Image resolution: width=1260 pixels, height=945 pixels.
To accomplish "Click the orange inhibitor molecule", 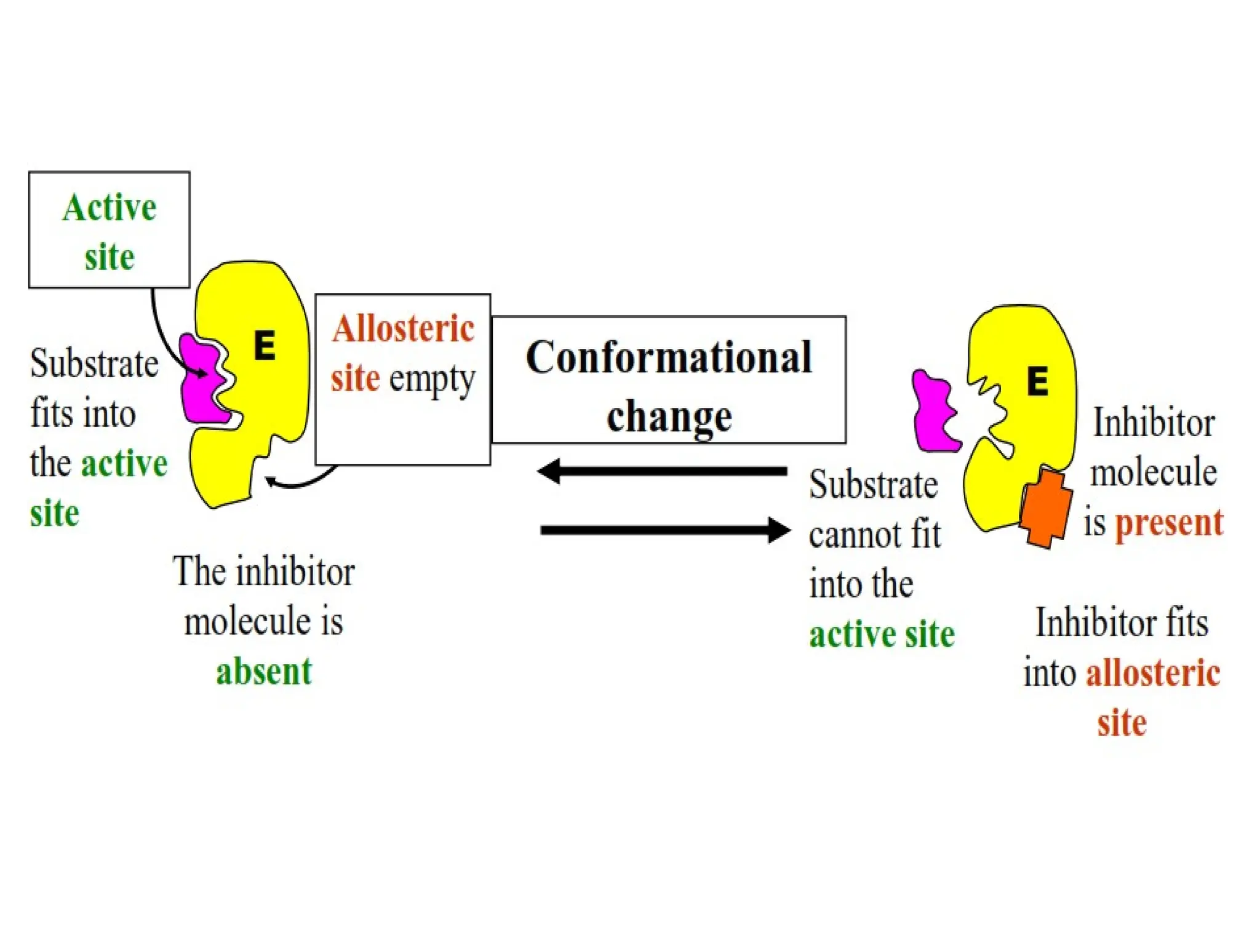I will (1046, 507).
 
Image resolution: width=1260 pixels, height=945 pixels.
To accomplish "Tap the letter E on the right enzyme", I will (1037, 381).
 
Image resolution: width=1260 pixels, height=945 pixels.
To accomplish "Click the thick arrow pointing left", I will (661, 472).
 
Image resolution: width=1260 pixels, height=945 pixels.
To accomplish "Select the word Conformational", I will (669, 357).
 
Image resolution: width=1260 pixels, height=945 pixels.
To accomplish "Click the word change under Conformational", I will (669, 417).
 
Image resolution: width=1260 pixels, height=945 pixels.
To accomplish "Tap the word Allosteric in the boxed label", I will (403, 329).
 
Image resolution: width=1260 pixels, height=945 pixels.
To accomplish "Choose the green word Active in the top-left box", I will (110, 207).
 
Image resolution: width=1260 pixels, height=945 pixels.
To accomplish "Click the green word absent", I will (264, 671).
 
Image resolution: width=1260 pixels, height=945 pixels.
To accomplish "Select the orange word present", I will (1169, 523).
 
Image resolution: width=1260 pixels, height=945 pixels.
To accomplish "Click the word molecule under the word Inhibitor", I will (1154, 472).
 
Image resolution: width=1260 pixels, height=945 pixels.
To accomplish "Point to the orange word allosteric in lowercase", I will (1153, 672).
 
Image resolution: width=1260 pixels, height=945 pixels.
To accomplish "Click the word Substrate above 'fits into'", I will (94, 364).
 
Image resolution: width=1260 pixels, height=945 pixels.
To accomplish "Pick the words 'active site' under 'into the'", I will (882, 634).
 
